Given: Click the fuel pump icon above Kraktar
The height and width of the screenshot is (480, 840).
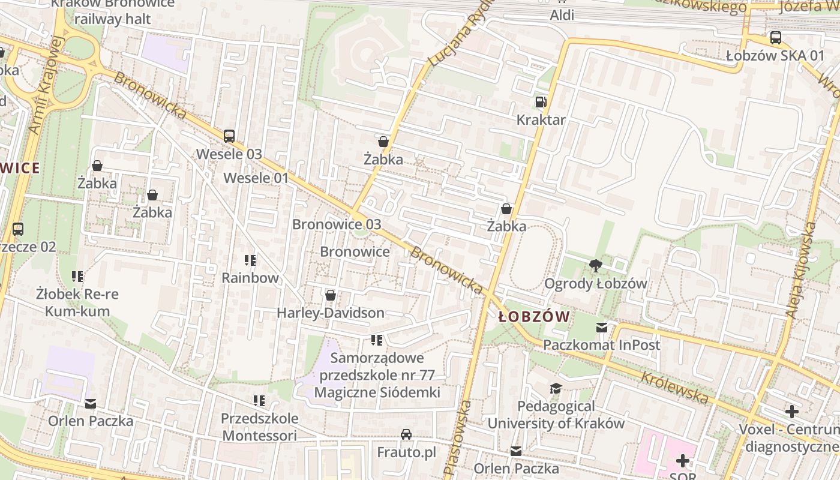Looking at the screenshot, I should point(541,102).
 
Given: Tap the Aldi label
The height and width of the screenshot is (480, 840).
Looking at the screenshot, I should point(562,15).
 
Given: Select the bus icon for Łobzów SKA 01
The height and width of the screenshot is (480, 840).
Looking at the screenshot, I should point(775,38).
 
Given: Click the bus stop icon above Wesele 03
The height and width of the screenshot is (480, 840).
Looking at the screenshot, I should point(229,136).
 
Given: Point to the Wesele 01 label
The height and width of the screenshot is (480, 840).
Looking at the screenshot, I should point(256,178).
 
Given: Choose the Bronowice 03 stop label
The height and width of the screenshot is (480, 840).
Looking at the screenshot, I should point(336,224).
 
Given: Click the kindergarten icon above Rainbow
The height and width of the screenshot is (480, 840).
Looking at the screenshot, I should point(250,260).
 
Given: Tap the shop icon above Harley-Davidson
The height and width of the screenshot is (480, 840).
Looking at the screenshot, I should point(330,295).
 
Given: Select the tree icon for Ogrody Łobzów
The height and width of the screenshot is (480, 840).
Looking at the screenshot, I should point(595,265).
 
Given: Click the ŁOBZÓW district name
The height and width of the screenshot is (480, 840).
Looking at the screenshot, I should point(534,317).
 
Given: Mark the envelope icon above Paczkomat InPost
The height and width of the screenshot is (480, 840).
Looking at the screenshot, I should point(601,328).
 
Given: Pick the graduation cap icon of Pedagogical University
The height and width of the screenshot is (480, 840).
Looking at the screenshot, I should point(556,389).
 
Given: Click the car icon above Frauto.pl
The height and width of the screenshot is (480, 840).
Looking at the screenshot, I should point(406,434).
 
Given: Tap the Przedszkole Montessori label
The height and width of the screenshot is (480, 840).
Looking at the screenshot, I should point(259,427).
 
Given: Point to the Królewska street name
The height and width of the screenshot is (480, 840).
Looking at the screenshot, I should point(674,388).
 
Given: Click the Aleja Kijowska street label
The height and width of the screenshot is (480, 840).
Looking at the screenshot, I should point(801,270).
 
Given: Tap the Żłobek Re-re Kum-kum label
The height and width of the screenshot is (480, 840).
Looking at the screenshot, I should point(77,302).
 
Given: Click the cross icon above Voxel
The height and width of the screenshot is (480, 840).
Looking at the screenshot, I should point(791,412).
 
